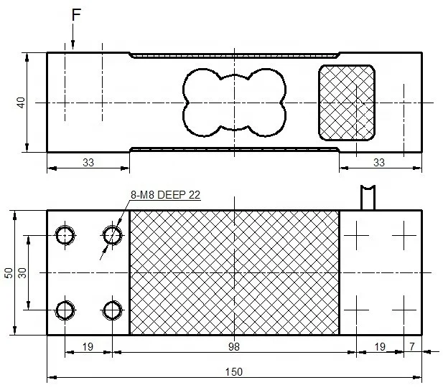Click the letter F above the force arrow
(x=76, y=14)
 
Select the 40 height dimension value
(x=21, y=103)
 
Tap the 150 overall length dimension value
(x=234, y=371)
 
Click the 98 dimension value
(x=234, y=346)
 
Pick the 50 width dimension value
(x=8, y=272)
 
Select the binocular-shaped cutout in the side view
(x=234, y=102)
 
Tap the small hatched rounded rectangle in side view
(x=346, y=102)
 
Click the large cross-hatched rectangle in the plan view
(x=234, y=272)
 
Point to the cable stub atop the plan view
(x=368, y=197)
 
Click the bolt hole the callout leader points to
(x=112, y=234)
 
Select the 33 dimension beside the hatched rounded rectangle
(x=379, y=163)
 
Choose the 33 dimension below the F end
(x=88, y=163)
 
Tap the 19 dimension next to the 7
(x=380, y=346)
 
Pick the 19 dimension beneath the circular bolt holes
(x=88, y=346)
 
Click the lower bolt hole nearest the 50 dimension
(x=65, y=310)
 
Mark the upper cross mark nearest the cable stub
(x=357, y=234)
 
